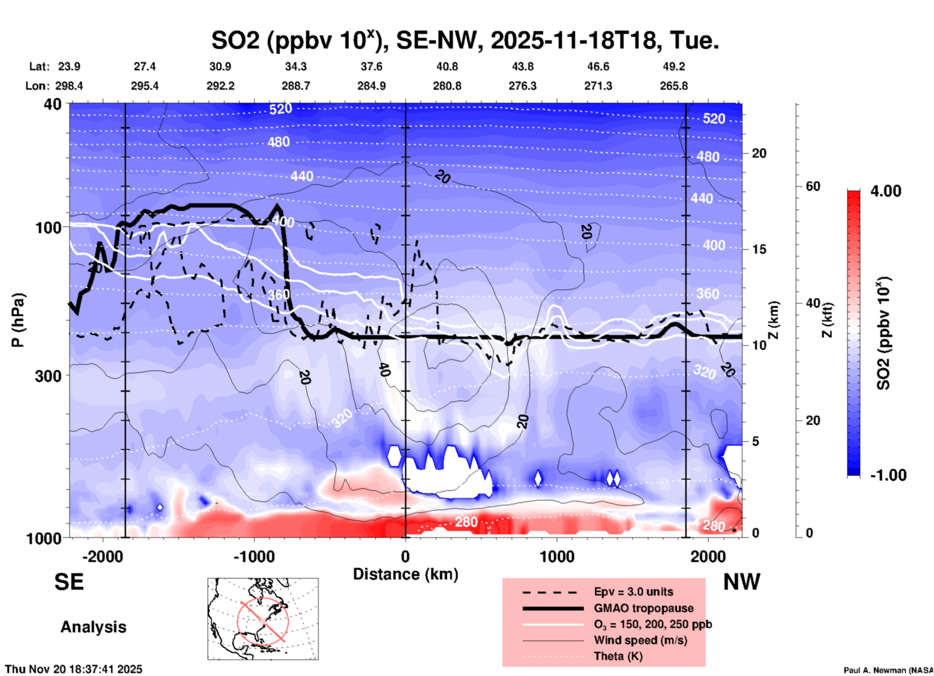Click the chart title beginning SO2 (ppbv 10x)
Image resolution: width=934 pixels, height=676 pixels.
tap(465, 40)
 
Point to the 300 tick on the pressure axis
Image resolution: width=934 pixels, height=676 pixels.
tap(48, 376)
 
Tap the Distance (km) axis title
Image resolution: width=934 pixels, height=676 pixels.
tap(405, 574)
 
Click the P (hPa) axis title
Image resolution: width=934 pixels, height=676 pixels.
tap(18, 320)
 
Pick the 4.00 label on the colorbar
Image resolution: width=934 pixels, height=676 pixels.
tap(886, 191)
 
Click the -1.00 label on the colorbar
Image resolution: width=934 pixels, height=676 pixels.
tap(887, 475)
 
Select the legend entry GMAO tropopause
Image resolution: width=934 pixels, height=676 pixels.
tap(644, 608)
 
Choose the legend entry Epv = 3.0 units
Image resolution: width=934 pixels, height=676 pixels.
tap(633, 592)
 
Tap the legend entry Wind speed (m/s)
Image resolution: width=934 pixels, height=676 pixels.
tap(640, 640)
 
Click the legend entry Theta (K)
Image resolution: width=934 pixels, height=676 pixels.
tap(618, 656)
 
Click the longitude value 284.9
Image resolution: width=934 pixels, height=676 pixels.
tap(371, 86)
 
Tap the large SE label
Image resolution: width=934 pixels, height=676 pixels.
tap(69, 582)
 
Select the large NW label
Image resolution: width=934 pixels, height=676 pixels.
tap(741, 582)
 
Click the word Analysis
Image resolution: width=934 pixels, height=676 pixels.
tap(93, 627)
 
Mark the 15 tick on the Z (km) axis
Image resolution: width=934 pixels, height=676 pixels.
tap(759, 249)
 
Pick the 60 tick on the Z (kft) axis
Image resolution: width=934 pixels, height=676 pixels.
tap(813, 186)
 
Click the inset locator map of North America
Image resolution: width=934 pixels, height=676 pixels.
tap(263, 619)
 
